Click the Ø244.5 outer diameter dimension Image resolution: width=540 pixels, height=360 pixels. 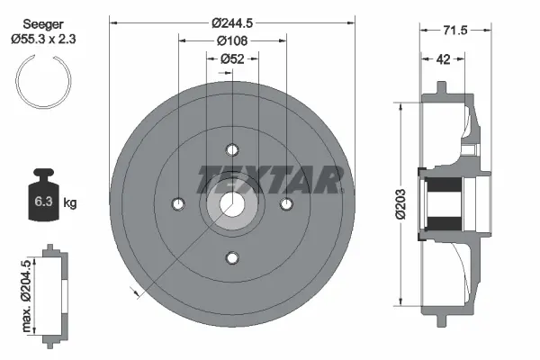[x=232, y=22]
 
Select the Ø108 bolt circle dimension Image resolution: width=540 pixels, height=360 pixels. [x=232, y=40]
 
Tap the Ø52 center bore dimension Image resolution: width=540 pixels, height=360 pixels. [x=233, y=58]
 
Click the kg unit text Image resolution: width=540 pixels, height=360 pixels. [x=70, y=203]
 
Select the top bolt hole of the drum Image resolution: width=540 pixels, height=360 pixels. [x=232, y=149]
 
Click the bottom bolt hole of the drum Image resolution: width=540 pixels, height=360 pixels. [x=232, y=259]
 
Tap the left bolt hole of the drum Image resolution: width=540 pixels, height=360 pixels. [x=177, y=204]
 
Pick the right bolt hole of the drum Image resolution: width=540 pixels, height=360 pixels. [x=287, y=204]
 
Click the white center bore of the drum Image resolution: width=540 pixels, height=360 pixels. [x=232, y=204]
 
